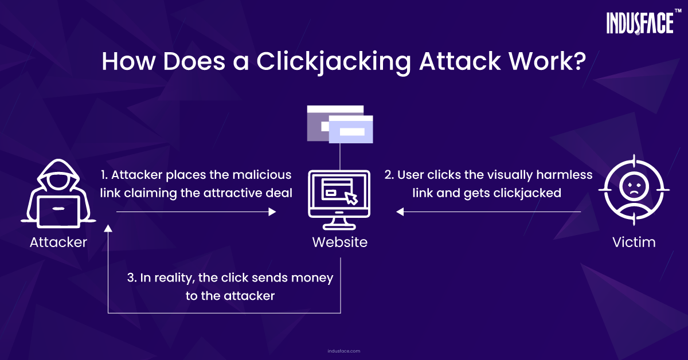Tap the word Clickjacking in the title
point(334,62)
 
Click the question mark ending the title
point(578,61)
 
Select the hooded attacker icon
point(58,194)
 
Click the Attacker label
point(58,242)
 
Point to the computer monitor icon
point(339,199)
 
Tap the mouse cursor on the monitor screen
point(351,198)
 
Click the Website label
point(339,242)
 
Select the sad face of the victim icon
point(634,186)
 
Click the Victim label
point(634,242)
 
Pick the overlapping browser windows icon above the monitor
point(340,124)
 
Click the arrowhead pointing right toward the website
point(272,212)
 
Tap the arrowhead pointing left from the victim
point(400,212)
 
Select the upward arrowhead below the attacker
point(108,228)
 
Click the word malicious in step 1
point(261,175)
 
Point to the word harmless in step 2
point(564,175)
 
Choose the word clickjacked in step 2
point(527,194)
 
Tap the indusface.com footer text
point(343,351)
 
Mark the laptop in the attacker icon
point(58,212)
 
